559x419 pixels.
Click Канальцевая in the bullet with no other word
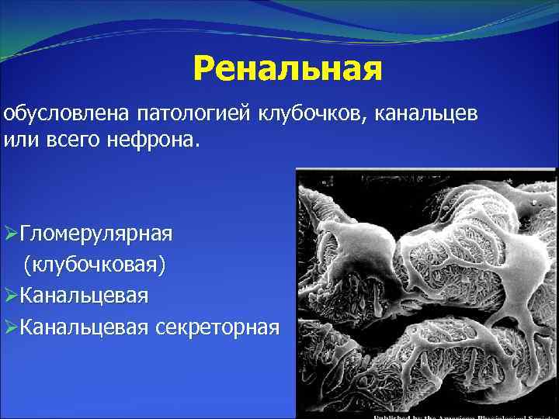tap(84, 295)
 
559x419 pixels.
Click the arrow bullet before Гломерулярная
tap(10, 233)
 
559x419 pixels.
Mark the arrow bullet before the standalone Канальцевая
tap(10, 296)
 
